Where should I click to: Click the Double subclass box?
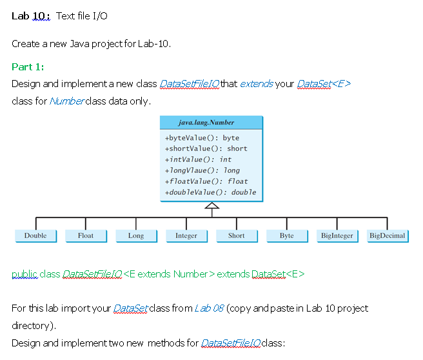tap(35, 236)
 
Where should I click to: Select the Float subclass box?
tap(86, 236)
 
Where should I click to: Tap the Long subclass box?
tap(136, 236)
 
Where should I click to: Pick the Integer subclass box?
tap(186, 236)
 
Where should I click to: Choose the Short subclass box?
tap(237, 236)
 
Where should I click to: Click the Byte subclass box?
tap(287, 236)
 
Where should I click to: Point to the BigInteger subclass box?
tap(337, 236)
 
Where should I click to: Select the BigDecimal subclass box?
tap(388, 236)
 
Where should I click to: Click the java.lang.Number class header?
tap(211, 123)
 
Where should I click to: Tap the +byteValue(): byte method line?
tap(202, 138)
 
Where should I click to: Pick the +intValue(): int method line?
tap(199, 159)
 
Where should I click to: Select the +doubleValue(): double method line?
tap(211, 192)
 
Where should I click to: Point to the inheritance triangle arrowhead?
tap(211, 206)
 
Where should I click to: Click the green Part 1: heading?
tap(28, 67)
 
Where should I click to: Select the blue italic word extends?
tap(256, 85)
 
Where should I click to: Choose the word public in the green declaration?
tap(25, 275)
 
